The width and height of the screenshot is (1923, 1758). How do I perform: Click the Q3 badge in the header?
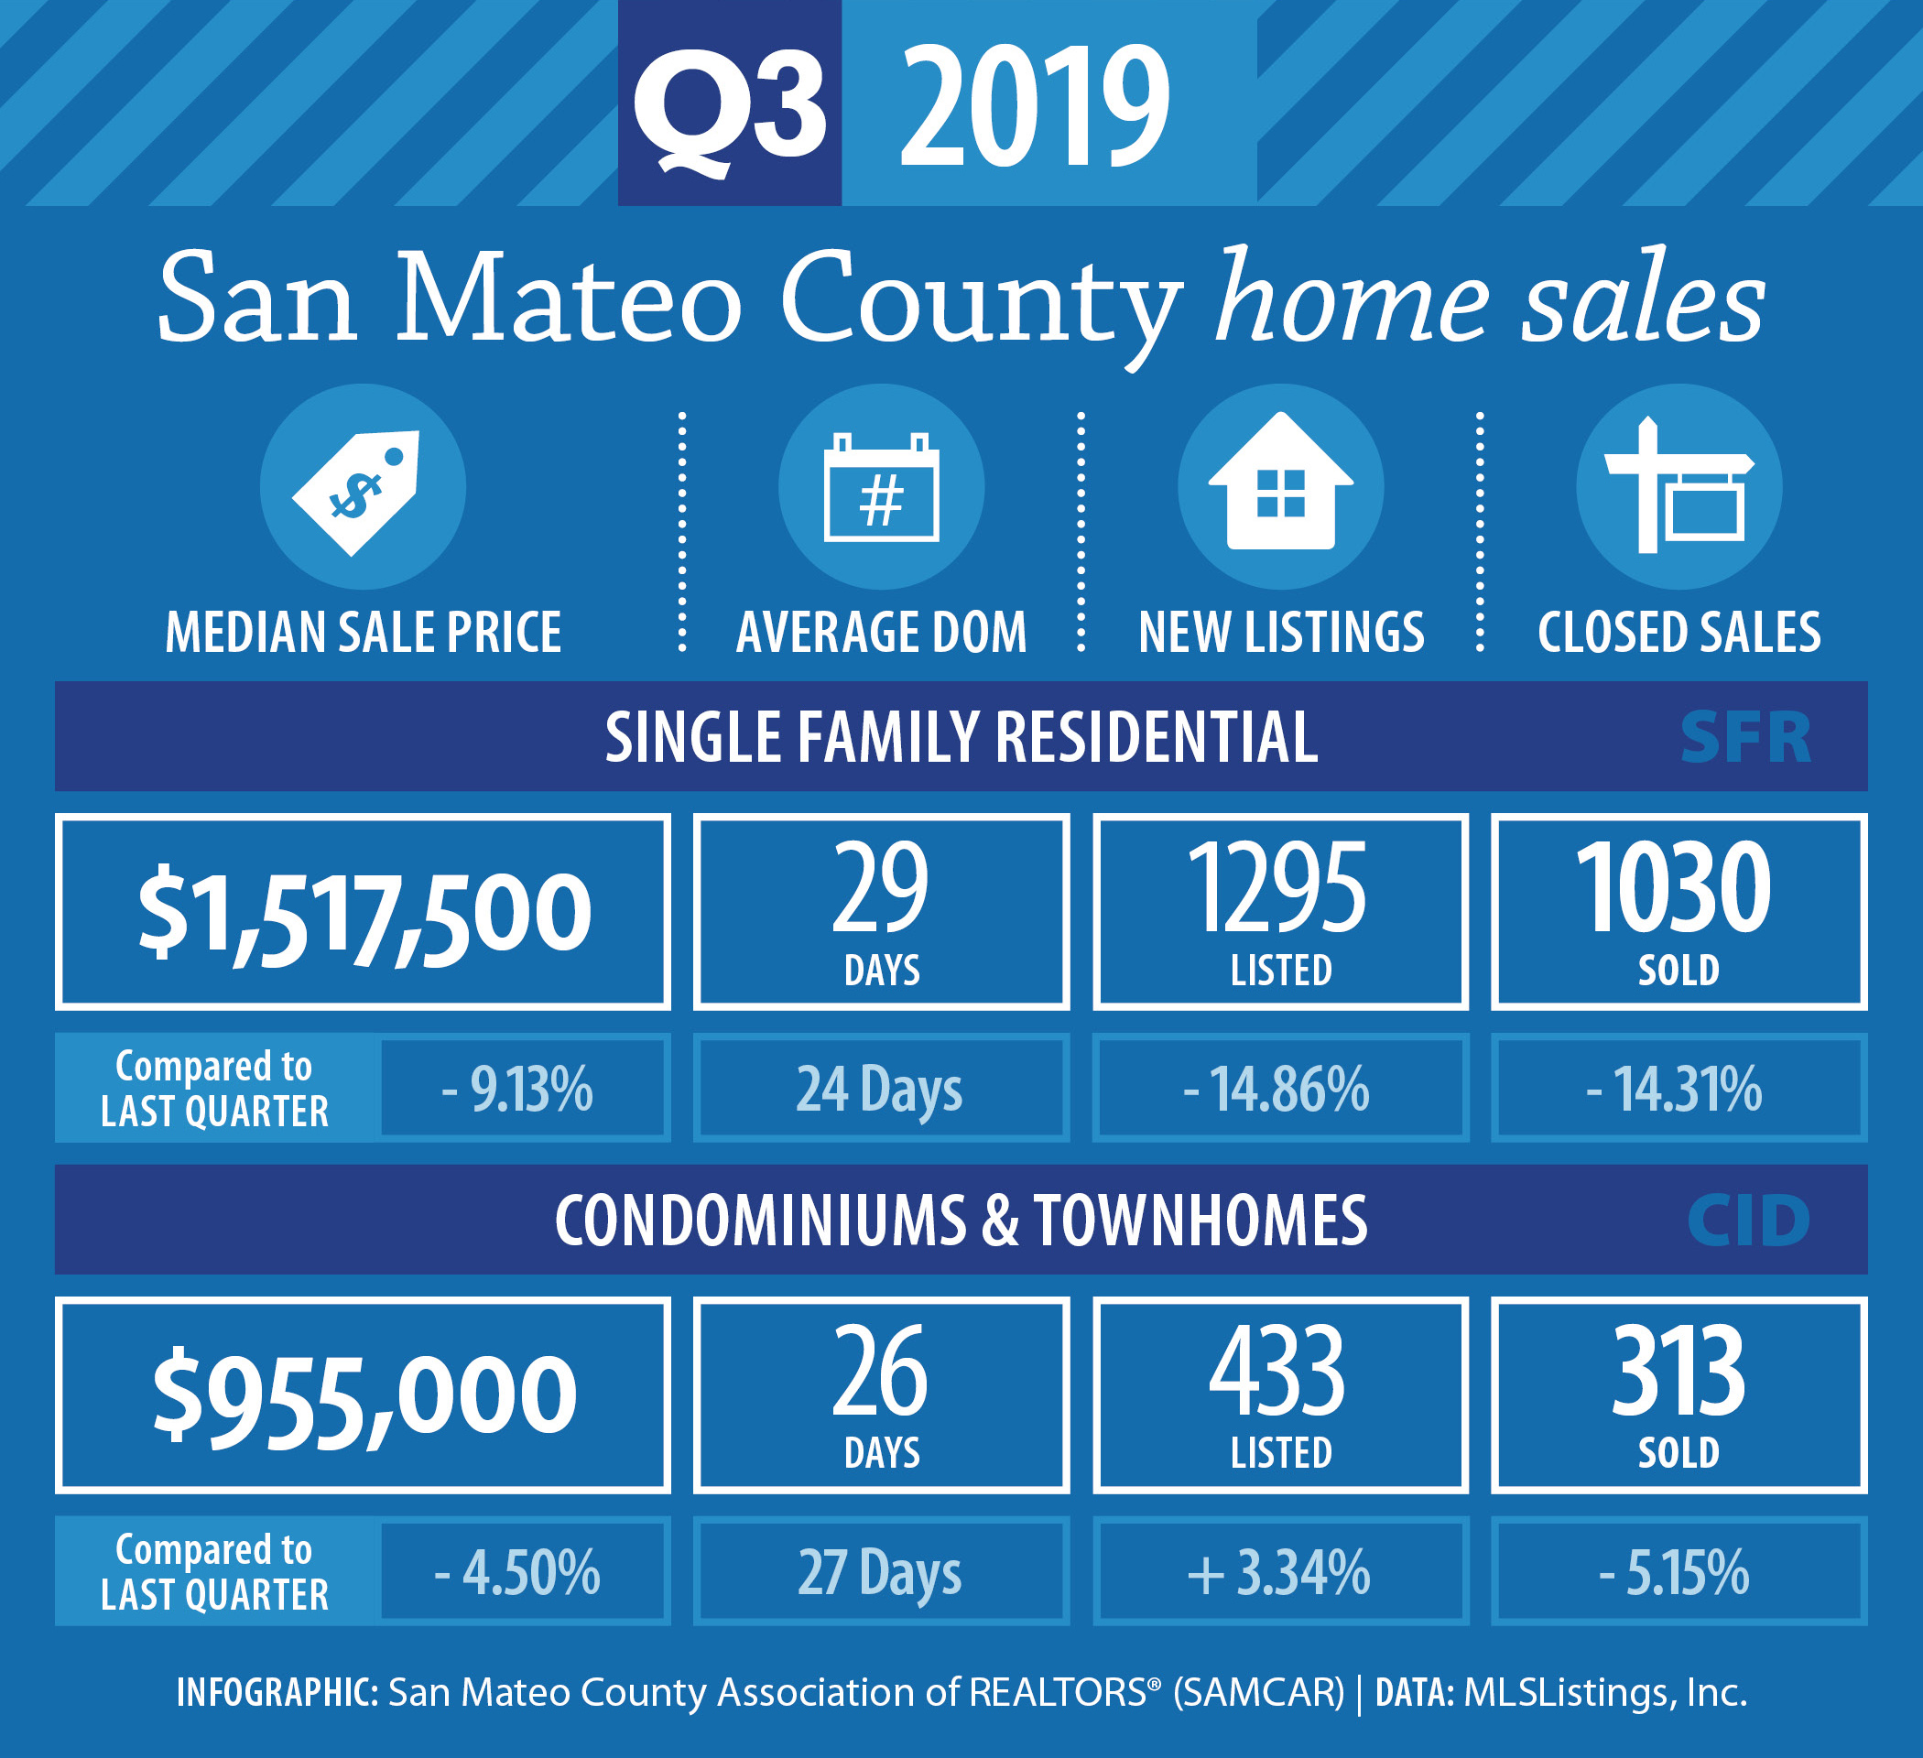click(730, 103)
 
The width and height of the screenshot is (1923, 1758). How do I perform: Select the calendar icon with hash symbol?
click(881, 487)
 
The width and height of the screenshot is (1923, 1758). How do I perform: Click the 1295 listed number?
click(1277, 887)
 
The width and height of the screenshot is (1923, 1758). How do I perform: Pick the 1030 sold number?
click(1674, 887)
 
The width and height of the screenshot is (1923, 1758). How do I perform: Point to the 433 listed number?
click(1277, 1371)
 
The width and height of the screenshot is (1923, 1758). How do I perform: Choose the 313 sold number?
click(1679, 1371)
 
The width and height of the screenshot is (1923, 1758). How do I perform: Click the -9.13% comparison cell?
click(524, 1089)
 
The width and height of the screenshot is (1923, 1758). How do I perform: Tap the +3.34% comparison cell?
click(1280, 1572)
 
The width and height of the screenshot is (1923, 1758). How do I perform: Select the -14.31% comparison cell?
click(1679, 1089)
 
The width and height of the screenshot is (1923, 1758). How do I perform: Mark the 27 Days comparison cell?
click(881, 1572)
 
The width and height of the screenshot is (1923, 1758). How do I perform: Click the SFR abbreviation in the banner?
click(1745, 737)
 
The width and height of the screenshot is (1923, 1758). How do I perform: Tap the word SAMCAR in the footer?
click(1258, 1692)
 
